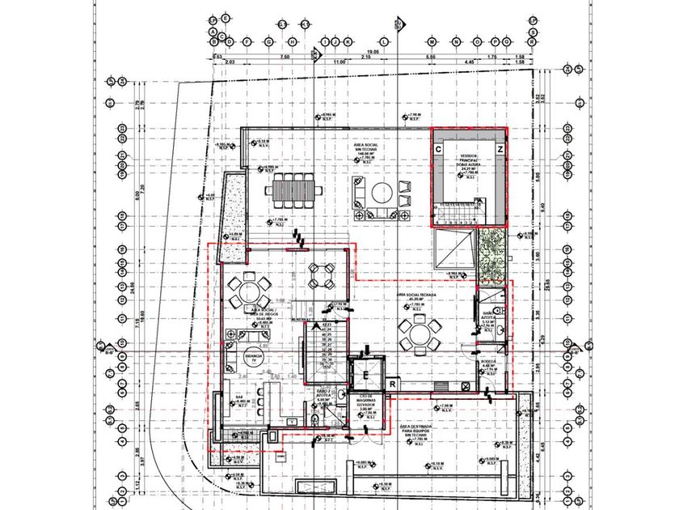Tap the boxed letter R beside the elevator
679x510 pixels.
point(391,383)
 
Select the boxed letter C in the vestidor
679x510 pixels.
point(437,151)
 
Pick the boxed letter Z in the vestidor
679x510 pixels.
point(500,151)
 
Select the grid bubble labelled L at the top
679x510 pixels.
point(385,41)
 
